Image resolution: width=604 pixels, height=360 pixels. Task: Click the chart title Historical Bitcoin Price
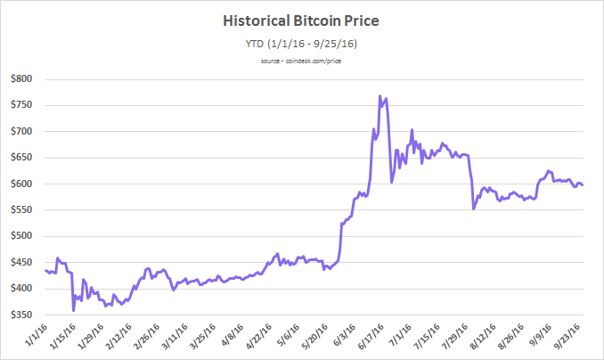(301, 20)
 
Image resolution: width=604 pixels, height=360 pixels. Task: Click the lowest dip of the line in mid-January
(74, 310)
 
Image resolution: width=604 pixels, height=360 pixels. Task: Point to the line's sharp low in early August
(474, 209)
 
